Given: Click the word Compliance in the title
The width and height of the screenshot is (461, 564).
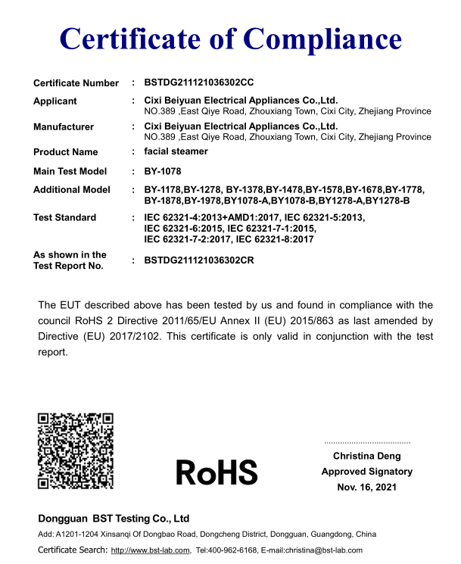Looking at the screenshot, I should tap(321, 38).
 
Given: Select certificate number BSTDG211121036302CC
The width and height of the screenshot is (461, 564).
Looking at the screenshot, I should tap(198, 83).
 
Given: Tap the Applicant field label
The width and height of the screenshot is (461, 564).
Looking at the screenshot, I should tap(55, 101).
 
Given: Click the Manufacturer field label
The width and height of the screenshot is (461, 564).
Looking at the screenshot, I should tap(64, 126).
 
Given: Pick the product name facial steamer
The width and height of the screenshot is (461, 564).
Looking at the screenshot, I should tap(176, 151).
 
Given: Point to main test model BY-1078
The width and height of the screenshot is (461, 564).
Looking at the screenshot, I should tap(163, 171).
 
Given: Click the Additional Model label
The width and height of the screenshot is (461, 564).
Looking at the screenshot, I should tap(72, 189).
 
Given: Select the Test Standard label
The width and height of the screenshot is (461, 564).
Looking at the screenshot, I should tap(64, 217).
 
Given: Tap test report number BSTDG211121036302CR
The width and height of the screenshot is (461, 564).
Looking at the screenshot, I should tap(198, 260).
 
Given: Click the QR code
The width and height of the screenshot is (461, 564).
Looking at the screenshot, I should tap(76, 450).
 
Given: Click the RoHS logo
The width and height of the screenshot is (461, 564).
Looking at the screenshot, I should tap(216, 472).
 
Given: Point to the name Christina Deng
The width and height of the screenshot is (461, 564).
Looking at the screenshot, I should tap(367, 456).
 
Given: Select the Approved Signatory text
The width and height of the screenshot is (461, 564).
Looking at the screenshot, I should tap(367, 472).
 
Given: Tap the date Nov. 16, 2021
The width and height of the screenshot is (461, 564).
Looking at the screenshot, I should tap(367, 488).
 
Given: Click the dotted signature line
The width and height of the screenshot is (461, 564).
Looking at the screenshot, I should tap(367, 441).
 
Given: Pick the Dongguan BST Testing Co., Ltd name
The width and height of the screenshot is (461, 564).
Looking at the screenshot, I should tap(114, 519).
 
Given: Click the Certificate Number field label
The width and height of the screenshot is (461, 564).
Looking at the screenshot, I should tap(76, 83).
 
